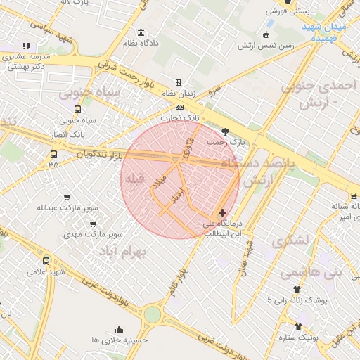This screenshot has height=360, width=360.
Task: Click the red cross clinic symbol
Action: coord(223,212)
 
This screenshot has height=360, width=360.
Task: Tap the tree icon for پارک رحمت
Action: coord(225,131)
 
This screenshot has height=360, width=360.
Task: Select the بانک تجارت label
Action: coord(181,117)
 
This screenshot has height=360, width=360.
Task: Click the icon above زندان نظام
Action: coord(179,82)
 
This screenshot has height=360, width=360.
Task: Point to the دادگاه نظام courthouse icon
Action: coord(141,32)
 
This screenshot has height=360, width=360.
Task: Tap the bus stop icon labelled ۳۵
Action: coord(53,154)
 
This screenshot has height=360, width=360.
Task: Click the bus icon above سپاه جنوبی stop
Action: coord(77,109)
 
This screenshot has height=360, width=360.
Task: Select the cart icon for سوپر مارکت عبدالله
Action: coord(67,197)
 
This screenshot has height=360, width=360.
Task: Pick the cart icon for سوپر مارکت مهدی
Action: coord(92,224)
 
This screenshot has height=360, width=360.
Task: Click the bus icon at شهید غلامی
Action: coord(46,261)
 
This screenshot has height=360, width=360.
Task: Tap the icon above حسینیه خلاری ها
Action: coord(119,329)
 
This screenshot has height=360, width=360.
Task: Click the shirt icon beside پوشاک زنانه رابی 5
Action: coord(296,289)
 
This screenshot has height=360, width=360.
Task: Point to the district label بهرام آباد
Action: coord(122,251)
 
